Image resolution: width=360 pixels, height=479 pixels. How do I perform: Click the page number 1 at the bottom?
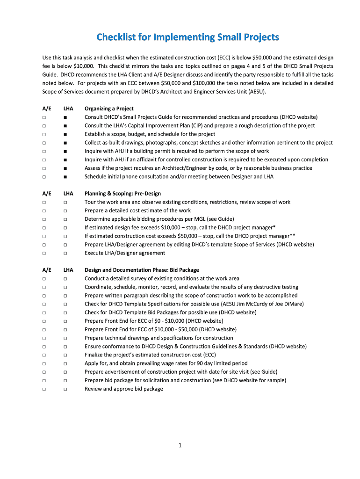tap(180, 445)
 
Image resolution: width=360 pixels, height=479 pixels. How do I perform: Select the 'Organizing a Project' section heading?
tap(109, 109)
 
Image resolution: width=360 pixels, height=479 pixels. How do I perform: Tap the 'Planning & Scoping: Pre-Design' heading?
tap(122, 194)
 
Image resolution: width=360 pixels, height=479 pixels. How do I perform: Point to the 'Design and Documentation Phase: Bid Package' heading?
tap(142, 270)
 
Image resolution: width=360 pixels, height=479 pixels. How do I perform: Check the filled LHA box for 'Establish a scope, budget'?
tap(65, 134)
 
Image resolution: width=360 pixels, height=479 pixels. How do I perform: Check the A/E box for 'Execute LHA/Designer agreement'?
tap(44, 253)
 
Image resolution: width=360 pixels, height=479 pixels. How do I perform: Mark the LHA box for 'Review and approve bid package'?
tap(65, 389)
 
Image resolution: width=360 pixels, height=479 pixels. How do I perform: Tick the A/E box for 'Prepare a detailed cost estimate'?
tap(44, 210)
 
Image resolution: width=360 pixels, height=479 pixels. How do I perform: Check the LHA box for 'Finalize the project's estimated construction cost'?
tap(65, 355)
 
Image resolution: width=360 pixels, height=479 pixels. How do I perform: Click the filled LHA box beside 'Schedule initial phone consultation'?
tap(65, 177)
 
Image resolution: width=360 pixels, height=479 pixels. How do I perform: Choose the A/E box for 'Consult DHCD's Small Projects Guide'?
tap(44, 117)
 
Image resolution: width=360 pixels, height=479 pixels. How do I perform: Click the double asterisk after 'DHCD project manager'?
tap(292, 235)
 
